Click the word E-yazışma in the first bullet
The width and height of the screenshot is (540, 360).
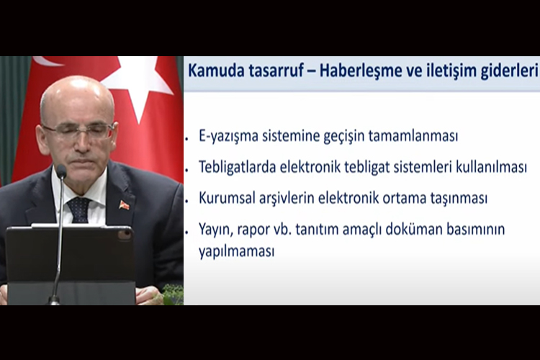230,136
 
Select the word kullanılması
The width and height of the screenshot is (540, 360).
490,167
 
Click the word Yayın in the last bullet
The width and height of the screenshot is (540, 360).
215,230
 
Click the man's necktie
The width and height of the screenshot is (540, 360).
78,210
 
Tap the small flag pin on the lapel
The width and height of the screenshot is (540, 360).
125,205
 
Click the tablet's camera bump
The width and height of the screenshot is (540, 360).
124,234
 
